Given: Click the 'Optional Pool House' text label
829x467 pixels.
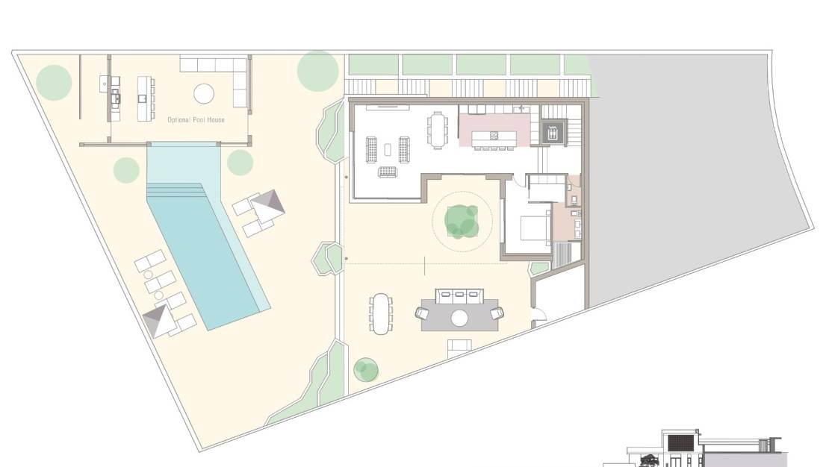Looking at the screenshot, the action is tap(196, 120).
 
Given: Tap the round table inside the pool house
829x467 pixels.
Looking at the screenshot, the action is tap(204, 94).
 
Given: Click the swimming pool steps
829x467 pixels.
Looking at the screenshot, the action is tap(176, 189).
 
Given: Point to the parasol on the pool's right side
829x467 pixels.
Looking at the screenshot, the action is tap(267, 206).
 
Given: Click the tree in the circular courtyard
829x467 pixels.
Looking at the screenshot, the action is tap(462, 222).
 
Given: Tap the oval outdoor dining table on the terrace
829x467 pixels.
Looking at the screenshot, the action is tap(381, 314).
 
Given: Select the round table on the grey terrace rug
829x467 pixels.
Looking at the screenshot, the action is tap(459, 318).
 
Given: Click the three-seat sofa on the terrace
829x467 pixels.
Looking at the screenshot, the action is tap(459, 295).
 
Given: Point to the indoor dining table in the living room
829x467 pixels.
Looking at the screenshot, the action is tap(437, 129).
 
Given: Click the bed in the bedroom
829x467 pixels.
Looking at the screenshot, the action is tap(535, 228).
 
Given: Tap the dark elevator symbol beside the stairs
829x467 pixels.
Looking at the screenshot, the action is tap(553, 133).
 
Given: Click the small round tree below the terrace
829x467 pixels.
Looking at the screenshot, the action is tap(366, 370).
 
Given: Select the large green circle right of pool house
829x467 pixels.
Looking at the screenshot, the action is tap(317, 71).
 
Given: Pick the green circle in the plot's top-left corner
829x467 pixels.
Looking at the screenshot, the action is tap(53, 82).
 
